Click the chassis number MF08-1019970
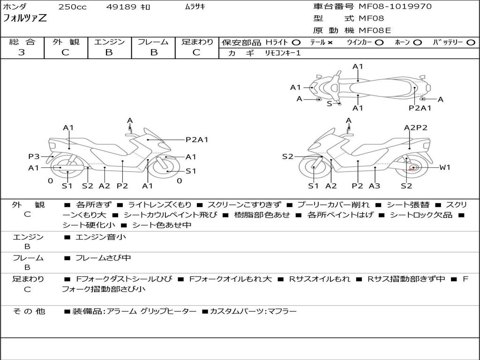[395, 7]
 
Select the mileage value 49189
[121, 7]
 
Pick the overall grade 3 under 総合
[22, 52]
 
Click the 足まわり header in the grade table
[197, 42]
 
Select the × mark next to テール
[330, 43]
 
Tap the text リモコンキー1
[283, 53]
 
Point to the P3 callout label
[34, 157]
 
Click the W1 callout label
[445, 167]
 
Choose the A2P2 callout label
[415, 127]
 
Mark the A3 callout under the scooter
[375, 186]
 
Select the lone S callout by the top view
[329, 104]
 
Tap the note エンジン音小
[101, 237]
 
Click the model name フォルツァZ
[25, 19]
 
